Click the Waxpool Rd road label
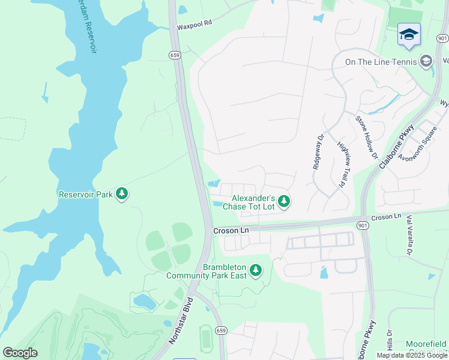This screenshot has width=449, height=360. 195,27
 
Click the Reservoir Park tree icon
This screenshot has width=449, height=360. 122,193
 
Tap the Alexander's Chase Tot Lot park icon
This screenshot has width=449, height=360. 284,202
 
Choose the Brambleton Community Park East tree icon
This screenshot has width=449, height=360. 256,271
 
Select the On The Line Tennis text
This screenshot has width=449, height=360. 381,61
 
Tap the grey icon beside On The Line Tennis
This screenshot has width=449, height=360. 426,61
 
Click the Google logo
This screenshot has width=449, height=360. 20,353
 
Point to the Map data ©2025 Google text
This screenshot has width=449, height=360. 412,355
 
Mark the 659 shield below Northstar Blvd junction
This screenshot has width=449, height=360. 221,330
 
